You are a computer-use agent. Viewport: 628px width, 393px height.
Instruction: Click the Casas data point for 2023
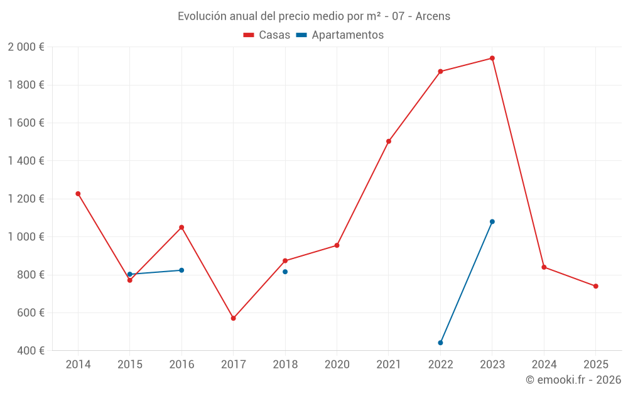coord(492,58)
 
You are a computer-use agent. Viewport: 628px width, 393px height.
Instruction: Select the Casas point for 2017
coord(233,318)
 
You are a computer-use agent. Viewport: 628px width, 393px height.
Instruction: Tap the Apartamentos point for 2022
coord(440,343)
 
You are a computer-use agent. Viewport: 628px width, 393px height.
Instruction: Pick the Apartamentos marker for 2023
coord(492,221)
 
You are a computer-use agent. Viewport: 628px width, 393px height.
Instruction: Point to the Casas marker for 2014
coord(78,194)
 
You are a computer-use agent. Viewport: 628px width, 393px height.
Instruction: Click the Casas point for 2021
coord(389,141)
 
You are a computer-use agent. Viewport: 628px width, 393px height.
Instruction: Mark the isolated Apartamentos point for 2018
coord(285,272)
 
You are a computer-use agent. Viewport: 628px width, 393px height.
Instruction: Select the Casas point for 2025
coord(596,286)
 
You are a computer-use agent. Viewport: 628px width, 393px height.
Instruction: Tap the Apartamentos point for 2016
coord(181,270)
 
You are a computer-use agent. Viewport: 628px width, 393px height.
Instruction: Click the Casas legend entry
coord(267,35)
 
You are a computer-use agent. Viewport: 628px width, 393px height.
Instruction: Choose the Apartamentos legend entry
coord(340,35)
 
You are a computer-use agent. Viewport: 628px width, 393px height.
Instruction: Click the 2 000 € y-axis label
coord(26,47)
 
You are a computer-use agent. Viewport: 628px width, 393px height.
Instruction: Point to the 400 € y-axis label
coord(30,350)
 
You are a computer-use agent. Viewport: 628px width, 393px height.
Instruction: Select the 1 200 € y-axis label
coord(26,199)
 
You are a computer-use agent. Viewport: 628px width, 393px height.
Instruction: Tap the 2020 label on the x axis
coord(337,365)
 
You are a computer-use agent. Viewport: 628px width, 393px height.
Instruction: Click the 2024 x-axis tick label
coord(544,365)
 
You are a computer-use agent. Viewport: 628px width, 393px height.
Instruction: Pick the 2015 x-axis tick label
coord(130,365)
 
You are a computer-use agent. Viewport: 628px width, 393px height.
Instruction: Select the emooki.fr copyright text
coord(573,380)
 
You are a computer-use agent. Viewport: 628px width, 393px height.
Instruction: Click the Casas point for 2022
coord(440,72)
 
